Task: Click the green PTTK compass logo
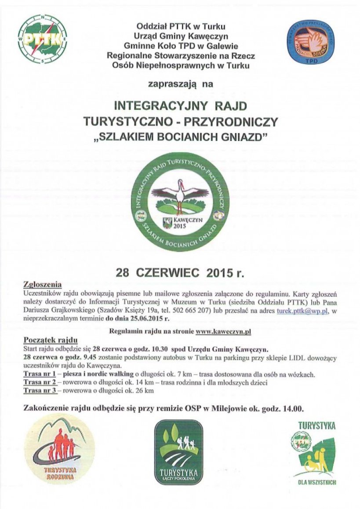coord(42,40)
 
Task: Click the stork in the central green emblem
coord(180,194)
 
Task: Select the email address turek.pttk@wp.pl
coord(302,310)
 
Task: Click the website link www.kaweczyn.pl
coord(223,331)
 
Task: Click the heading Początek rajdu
coord(50,340)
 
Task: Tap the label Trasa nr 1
coord(39,374)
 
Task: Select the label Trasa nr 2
coord(39,382)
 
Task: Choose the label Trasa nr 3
coord(39,390)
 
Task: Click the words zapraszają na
coord(180,84)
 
